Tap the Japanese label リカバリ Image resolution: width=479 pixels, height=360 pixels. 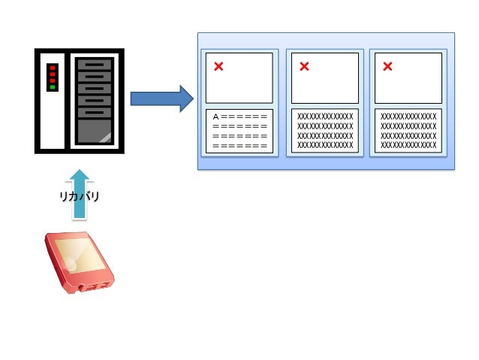point(80,197)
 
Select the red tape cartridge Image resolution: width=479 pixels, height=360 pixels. point(79,262)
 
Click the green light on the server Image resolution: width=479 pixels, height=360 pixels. point(52,87)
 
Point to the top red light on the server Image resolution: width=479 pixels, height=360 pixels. point(52,68)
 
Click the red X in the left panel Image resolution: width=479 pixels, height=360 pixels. point(218,66)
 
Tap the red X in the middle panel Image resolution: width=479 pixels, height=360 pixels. point(304,66)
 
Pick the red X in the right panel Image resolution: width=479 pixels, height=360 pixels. point(387,66)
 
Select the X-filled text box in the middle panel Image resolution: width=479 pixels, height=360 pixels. point(325,130)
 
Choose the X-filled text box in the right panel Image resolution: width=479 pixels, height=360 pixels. point(408,130)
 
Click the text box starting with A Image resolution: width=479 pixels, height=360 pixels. point(239,131)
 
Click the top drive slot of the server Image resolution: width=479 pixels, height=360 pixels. point(94,65)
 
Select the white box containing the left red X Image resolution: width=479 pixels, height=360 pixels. point(239,77)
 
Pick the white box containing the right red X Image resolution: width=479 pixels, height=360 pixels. point(408,77)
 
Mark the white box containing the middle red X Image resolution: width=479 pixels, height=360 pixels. point(325,77)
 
